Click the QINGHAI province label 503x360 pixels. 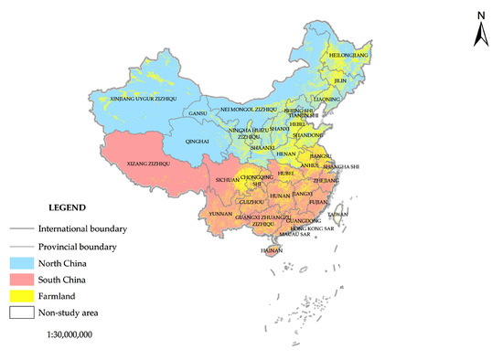click(199, 143)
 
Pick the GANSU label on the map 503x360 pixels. click(197, 114)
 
